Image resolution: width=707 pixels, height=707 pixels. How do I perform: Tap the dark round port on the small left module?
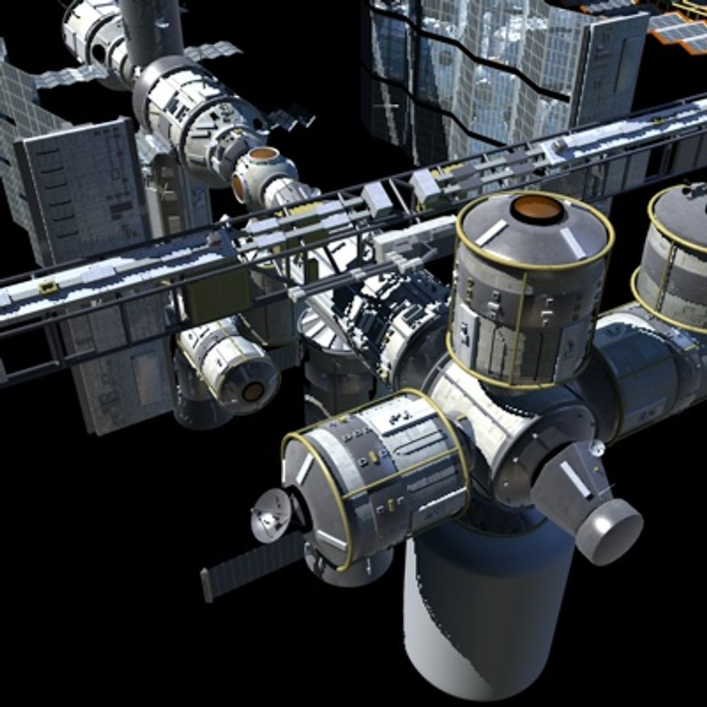(253, 391)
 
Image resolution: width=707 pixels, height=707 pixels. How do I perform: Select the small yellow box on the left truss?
(47, 286)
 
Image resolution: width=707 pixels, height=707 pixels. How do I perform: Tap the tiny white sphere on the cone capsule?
(596, 448)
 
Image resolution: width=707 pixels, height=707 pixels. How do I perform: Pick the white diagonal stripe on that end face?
(305, 469)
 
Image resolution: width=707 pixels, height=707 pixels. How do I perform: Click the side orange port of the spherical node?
(240, 187)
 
